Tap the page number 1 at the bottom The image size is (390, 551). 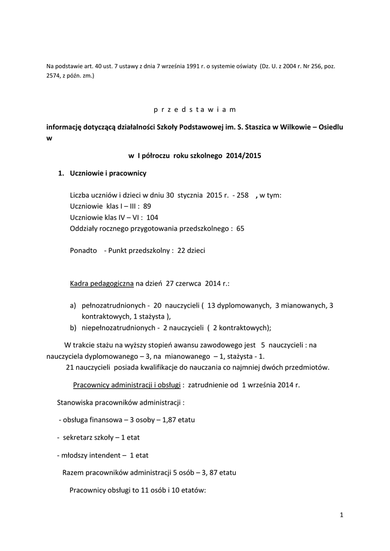[x=342, y=515]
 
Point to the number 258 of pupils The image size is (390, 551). [x=243, y=195]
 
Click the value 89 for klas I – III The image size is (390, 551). [x=147, y=206]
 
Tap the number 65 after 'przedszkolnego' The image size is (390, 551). [x=240, y=228]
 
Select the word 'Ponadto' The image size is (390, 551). [x=83, y=251]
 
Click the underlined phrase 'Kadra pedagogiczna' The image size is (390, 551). [x=102, y=283]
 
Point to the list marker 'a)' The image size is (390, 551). [x=73, y=306]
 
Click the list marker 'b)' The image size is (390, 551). [x=73, y=328]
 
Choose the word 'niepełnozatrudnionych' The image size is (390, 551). [x=118, y=328]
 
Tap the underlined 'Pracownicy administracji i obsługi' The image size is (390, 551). [x=126, y=385]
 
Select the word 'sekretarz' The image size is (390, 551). [x=79, y=437]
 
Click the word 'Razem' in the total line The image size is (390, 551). [x=73, y=472]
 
